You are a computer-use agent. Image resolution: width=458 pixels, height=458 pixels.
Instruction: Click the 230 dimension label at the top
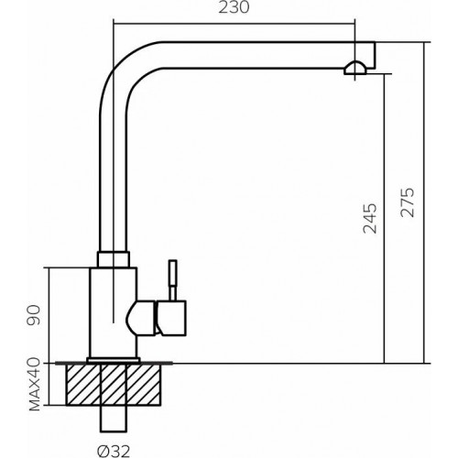234,7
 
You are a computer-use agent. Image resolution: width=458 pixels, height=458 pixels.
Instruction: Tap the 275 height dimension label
408,202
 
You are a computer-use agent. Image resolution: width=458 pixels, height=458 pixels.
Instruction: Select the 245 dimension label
370,218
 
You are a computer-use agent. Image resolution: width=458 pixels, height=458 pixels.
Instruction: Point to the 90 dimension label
34,315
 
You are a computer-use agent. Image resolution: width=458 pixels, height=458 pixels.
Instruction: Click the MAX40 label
35,385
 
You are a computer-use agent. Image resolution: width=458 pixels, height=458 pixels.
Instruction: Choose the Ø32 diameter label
114,451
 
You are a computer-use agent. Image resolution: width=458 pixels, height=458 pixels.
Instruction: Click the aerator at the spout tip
354,68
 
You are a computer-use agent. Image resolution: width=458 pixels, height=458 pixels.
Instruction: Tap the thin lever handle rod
173,280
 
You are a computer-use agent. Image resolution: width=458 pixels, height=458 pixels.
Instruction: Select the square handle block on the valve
170,318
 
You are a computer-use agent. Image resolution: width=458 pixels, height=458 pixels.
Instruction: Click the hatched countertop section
114,385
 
